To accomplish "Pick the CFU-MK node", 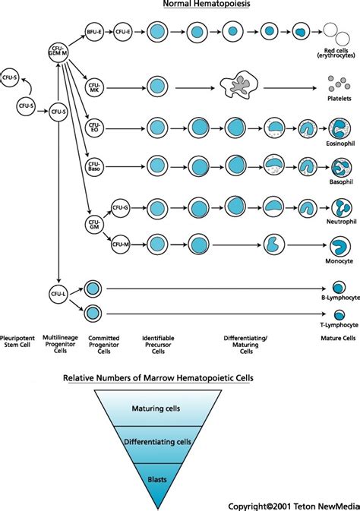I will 94,87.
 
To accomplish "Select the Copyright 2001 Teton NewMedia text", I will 292,504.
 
